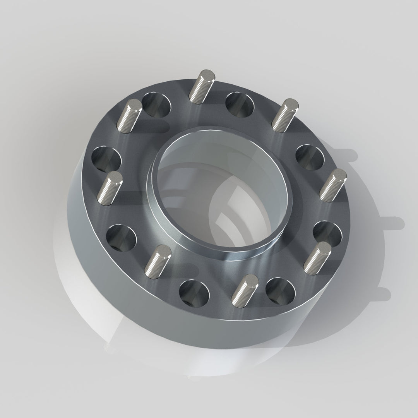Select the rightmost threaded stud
pos(334,185)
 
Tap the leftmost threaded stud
pos(110,188)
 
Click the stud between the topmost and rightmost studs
pos(286,115)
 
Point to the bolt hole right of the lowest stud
pos(280,291)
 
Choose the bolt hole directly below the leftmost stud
pos(121,236)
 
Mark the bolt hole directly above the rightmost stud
pos(310,157)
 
